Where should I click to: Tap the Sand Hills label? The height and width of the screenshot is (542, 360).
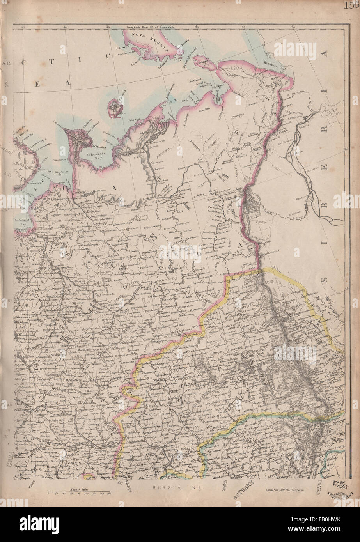pos(204,111)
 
